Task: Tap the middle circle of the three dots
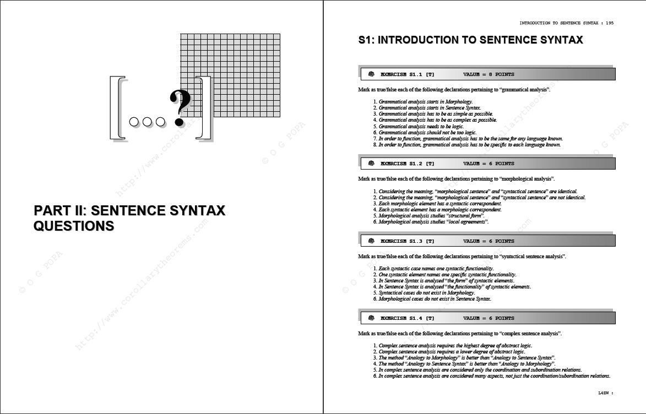click(147, 122)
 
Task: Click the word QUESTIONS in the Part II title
click(74, 226)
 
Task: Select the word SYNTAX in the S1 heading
click(562, 40)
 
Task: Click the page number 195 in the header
click(610, 23)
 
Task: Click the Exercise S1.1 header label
click(407, 74)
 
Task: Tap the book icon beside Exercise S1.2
click(371, 164)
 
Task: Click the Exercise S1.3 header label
click(407, 241)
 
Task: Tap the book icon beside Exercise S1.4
click(371, 318)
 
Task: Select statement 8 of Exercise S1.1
click(467, 145)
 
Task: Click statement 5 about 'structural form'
click(429, 215)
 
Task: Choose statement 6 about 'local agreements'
click(431, 222)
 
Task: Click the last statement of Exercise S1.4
click(491, 375)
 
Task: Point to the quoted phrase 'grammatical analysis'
click(524, 89)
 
